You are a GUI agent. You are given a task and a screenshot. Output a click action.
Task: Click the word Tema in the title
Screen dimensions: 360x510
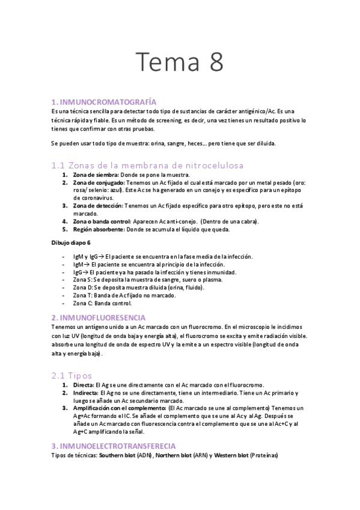pos(166,63)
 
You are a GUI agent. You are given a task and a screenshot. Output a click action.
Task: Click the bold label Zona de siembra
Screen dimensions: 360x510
pos(96,174)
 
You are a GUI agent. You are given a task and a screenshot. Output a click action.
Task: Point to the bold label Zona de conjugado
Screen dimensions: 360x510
pos(99,182)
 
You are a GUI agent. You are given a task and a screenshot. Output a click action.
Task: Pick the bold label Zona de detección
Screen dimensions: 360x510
pos(97,206)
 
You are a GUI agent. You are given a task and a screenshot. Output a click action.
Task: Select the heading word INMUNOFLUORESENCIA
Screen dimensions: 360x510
pos(106,316)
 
